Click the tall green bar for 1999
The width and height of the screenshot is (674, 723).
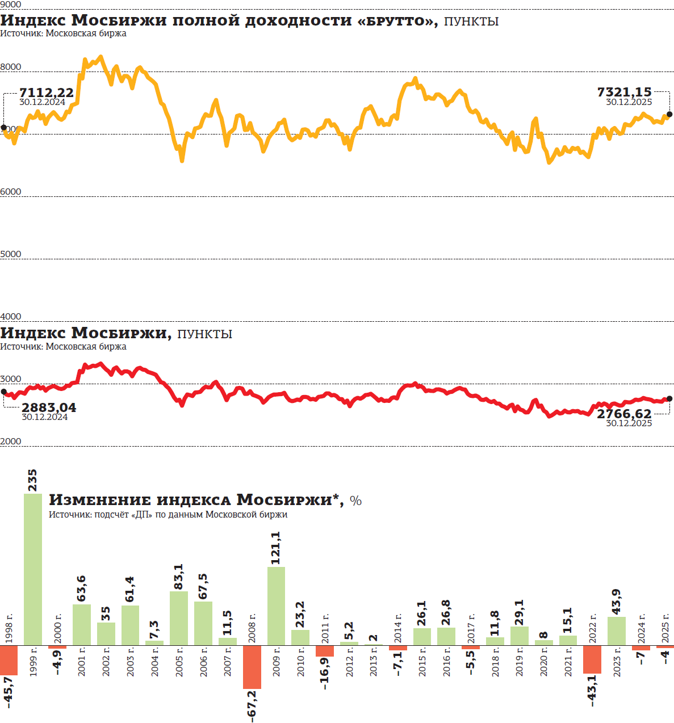coord(33,569)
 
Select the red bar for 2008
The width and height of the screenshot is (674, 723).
coord(252,666)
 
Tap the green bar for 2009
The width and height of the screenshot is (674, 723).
coord(276,606)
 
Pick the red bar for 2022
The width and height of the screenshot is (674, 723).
coord(592,658)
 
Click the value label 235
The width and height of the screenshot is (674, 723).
coord(32,480)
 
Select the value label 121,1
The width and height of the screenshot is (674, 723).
coord(275,548)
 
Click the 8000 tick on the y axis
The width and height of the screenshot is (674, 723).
coord(11,67)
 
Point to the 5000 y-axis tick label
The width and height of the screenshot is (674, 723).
coord(11,254)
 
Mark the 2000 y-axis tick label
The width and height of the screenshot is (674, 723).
coord(11,442)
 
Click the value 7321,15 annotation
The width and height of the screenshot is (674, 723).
coord(625,92)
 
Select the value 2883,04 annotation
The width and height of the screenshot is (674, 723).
coord(48,407)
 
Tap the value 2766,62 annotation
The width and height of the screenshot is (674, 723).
coord(624,414)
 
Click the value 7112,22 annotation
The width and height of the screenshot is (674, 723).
coord(47,93)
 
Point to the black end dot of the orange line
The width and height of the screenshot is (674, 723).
coord(669,115)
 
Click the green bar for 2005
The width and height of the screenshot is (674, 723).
coord(179,617)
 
